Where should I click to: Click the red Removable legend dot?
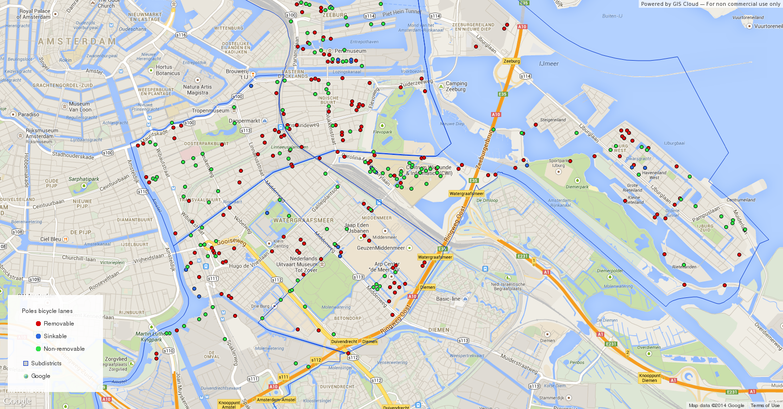click(x=38, y=324)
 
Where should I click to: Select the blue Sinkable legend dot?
click(x=38, y=336)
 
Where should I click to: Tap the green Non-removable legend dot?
click(x=38, y=349)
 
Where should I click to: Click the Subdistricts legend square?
click(x=26, y=363)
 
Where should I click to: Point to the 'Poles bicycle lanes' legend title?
click(x=47, y=311)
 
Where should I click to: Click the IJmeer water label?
click(x=549, y=64)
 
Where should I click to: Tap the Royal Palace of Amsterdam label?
click(x=34, y=14)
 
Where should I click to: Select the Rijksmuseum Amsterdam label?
click(x=42, y=133)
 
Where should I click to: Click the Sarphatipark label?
click(x=84, y=179)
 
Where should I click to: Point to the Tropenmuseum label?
click(x=210, y=111)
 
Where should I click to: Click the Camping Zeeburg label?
click(x=456, y=86)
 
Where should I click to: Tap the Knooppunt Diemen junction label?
click(x=649, y=378)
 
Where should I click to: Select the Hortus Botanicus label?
click(x=168, y=70)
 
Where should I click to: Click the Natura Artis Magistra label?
click(x=197, y=90)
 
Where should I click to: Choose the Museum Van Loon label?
click(x=80, y=107)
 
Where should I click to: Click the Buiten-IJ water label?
click(x=612, y=16)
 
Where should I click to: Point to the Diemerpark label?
click(x=577, y=186)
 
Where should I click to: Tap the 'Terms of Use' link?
click(x=765, y=406)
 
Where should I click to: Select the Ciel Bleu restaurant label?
click(x=51, y=239)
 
